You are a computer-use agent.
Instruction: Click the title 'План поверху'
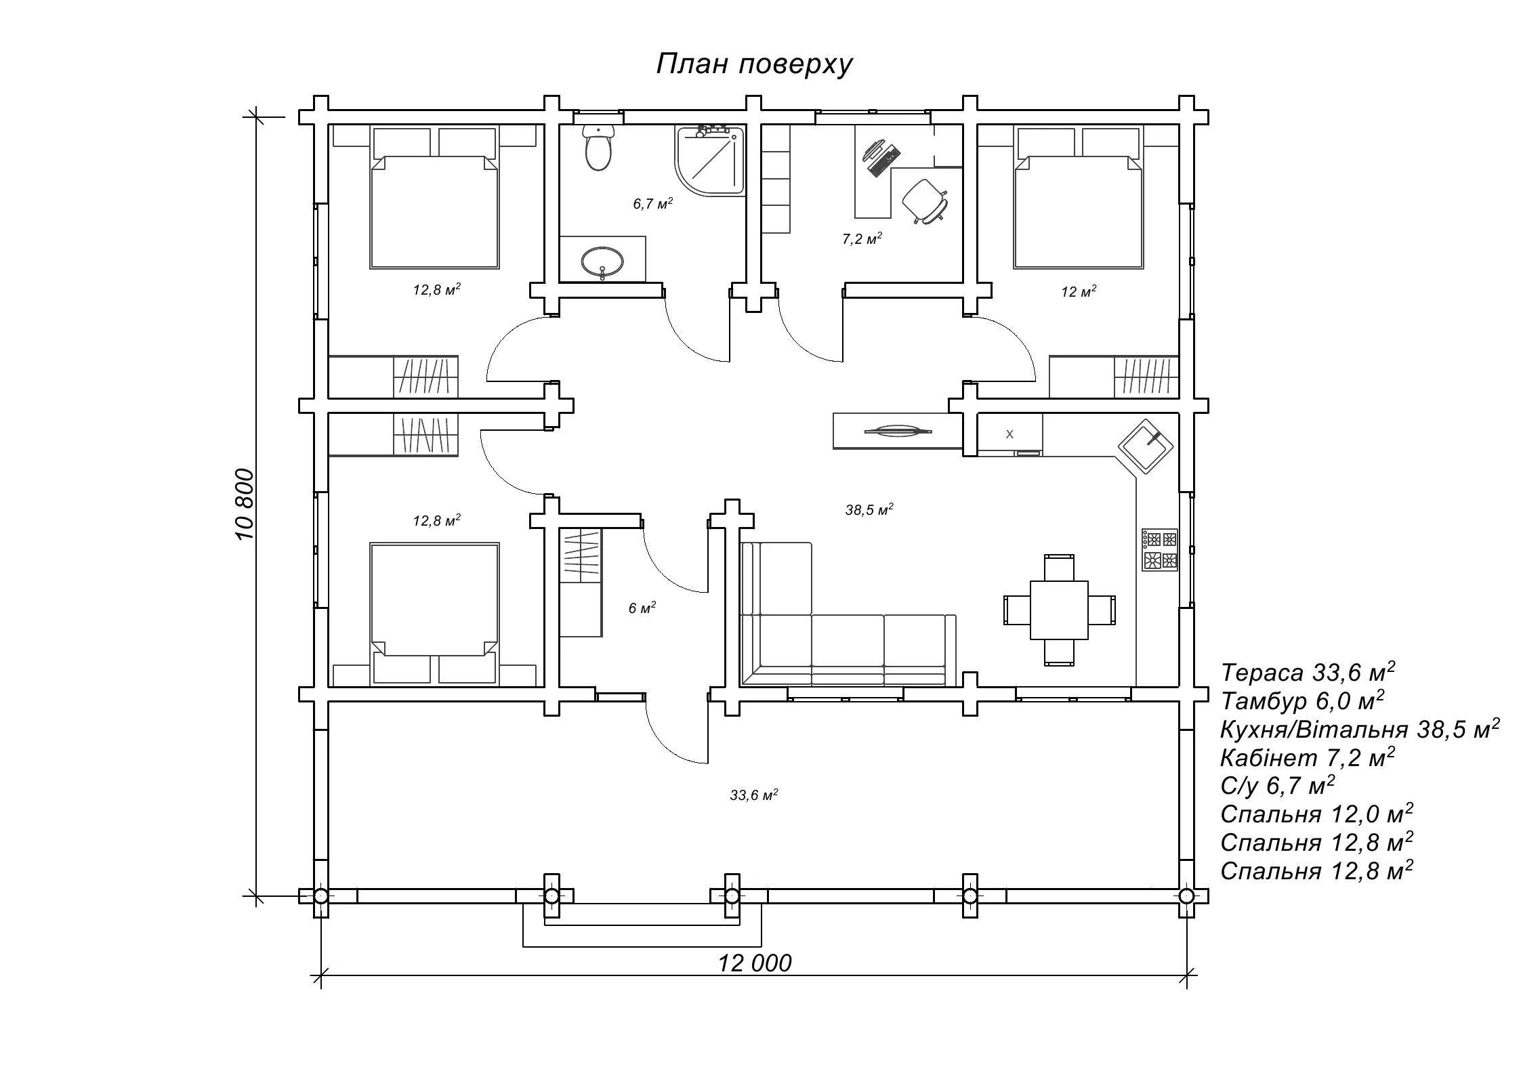tap(753, 65)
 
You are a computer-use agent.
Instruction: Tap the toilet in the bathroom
tap(598, 149)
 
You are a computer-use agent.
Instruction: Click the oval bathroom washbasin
tap(602, 260)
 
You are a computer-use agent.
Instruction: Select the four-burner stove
tap(1160, 549)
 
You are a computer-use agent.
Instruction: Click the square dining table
tap(1059, 610)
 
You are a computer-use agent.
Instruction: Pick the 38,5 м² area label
tap(869, 510)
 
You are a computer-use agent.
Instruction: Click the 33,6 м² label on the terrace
tap(753, 795)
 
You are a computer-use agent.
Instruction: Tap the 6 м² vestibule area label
tap(642, 608)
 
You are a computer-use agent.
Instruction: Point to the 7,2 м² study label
tap(862, 238)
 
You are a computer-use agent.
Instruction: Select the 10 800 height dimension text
tap(245, 504)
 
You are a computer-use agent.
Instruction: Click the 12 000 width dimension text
tap(755, 963)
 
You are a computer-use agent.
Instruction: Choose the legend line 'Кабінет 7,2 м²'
tap(1307, 757)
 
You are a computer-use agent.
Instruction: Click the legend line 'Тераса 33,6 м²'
tap(1307, 673)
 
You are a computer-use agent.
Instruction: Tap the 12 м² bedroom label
tap(1079, 292)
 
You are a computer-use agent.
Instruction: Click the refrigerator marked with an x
tap(1009, 434)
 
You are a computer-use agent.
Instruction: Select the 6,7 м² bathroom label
tap(652, 204)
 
